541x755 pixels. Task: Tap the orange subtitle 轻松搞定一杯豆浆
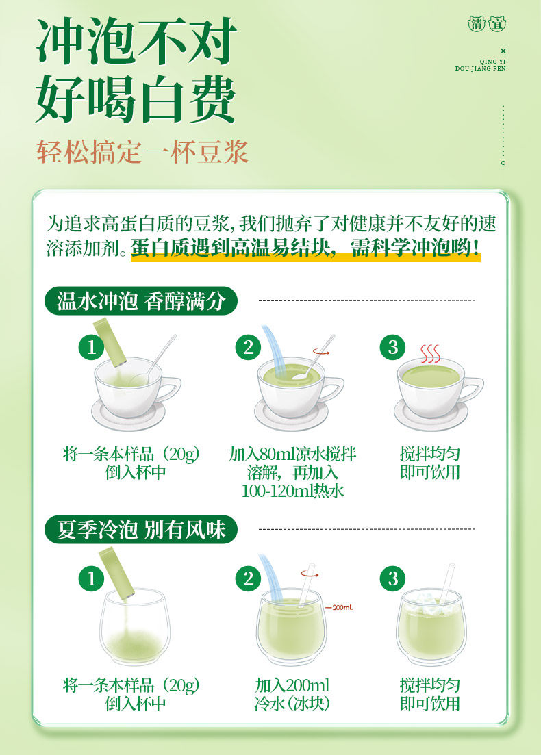142,152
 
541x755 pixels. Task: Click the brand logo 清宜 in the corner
487,23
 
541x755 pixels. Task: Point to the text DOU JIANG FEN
480,68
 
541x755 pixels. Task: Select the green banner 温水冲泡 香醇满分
141,301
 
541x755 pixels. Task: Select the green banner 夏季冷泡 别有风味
141,530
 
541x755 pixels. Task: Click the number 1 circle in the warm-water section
91,347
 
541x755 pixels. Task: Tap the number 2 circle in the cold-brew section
248,578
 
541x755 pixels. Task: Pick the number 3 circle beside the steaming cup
393,347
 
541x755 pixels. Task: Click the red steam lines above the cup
430,354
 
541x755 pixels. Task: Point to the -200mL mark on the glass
339,608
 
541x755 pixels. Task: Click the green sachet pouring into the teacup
110,342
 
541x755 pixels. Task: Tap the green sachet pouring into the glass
116,574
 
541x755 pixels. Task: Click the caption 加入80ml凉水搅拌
292,454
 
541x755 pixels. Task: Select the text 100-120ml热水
292,491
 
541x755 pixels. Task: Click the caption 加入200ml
292,685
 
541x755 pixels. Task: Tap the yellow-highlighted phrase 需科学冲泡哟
415,248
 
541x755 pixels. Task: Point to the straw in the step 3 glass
447,583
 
